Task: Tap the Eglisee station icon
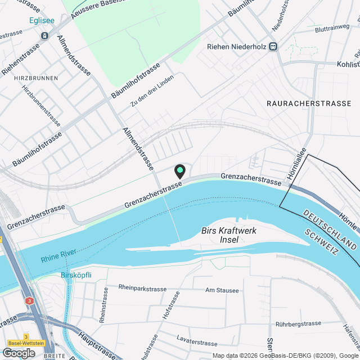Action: click(x=44, y=35)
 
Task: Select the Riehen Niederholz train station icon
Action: click(x=273, y=47)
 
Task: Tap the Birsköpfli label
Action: click(x=76, y=276)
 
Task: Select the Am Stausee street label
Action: click(x=222, y=291)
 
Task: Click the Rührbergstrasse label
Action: click(x=298, y=324)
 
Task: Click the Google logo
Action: click(x=18, y=353)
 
